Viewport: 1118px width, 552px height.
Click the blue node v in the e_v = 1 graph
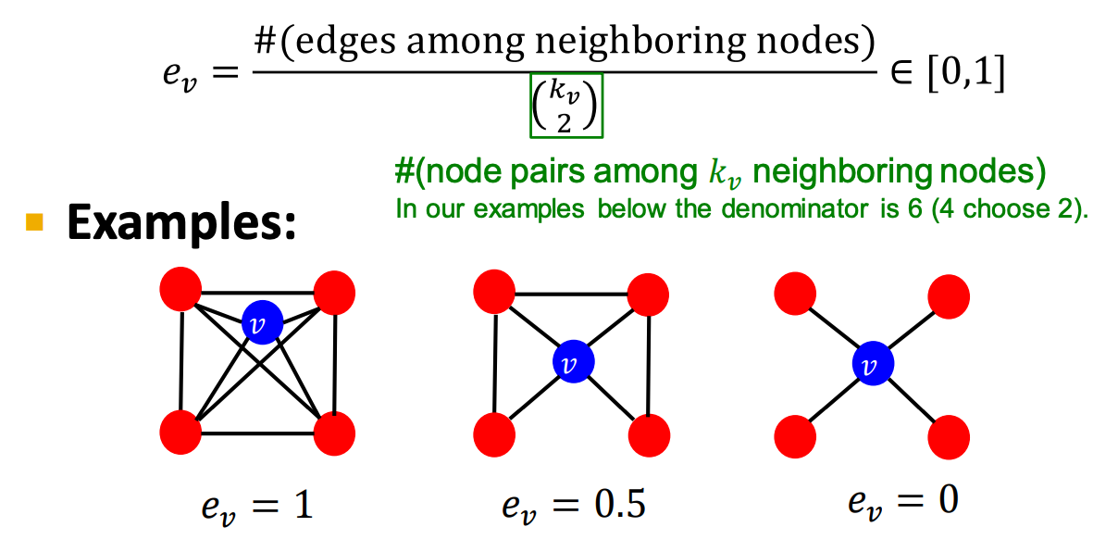pyautogui.click(x=262, y=324)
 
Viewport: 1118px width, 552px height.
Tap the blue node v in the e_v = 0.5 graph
pyautogui.click(x=572, y=363)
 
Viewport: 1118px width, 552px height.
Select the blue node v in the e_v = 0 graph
pyautogui.click(x=872, y=365)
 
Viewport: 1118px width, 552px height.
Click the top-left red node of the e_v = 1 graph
pyautogui.click(x=180, y=290)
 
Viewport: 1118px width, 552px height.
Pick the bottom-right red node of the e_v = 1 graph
pyautogui.click(x=335, y=433)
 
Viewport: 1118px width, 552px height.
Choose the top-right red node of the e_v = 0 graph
pyautogui.click(x=949, y=295)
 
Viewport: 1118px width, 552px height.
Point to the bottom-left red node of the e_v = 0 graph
pyautogui.click(x=795, y=433)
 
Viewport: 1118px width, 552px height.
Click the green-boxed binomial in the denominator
pyautogui.click(x=566, y=105)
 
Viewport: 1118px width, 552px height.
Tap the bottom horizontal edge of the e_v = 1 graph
pyautogui.click(x=258, y=434)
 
